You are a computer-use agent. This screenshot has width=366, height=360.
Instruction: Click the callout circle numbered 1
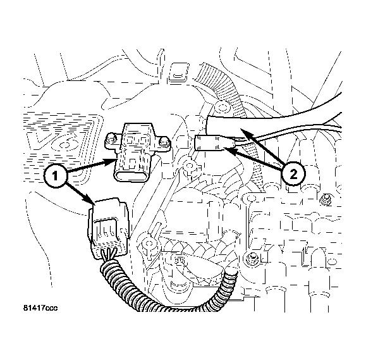pyautogui.click(x=55, y=176)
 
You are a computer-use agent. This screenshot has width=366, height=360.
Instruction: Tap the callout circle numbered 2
pyautogui.click(x=293, y=174)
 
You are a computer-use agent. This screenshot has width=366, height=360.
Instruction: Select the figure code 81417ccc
pyautogui.click(x=40, y=308)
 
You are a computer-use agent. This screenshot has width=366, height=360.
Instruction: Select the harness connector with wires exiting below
pyautogui.click(x=108, y=228)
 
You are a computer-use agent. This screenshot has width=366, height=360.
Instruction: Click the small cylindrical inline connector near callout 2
pyautogui.click(x=214, y=142)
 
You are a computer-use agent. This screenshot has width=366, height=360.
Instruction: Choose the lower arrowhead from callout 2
pyautogui.click(x=230, y=151)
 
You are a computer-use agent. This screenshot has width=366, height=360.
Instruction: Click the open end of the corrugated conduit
pyautogui.click(x=229, y=273)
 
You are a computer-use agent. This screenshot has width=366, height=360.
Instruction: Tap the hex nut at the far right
pyautogui.click(x=326, y=200)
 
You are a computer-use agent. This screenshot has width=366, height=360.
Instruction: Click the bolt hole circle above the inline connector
pyautogui.click(x=222, y=108)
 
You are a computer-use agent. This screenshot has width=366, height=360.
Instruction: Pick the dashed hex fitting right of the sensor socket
pyautogui.click(x=189, y=166)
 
